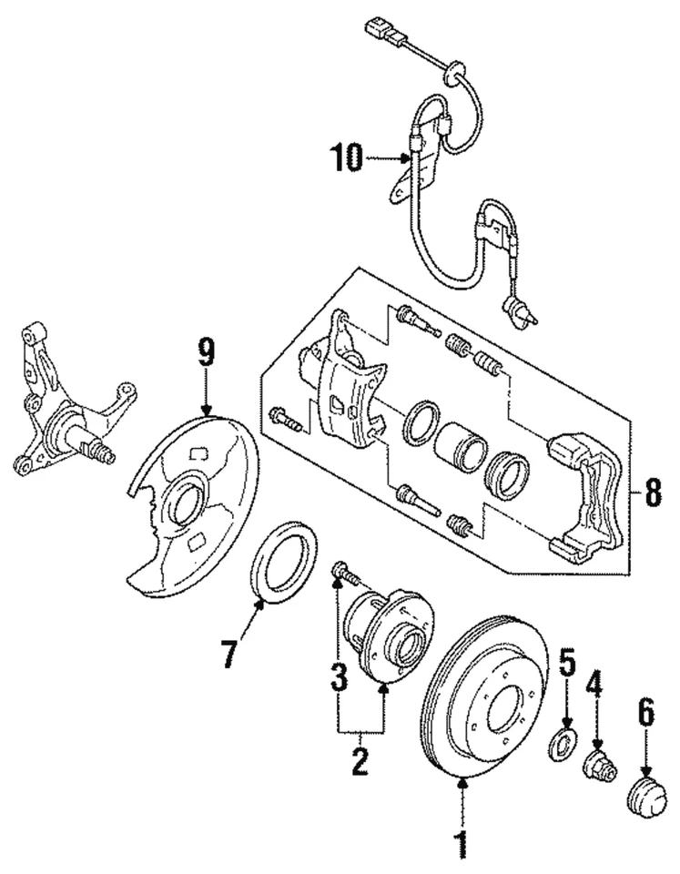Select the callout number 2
coord(360,761)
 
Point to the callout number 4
coord(594,685)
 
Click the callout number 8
coord(653,496)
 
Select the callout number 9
coord(207,351)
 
